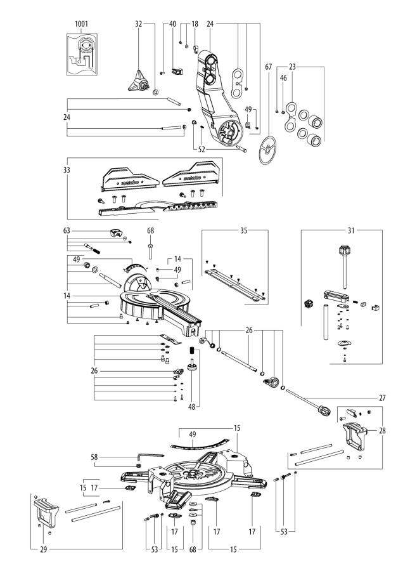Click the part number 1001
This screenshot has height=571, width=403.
point(80,23)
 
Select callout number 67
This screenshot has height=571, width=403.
point(269,67)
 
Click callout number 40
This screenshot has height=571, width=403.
point(172,23)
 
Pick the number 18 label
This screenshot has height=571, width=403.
point(195,23)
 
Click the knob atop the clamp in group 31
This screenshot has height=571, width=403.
point(345,249)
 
